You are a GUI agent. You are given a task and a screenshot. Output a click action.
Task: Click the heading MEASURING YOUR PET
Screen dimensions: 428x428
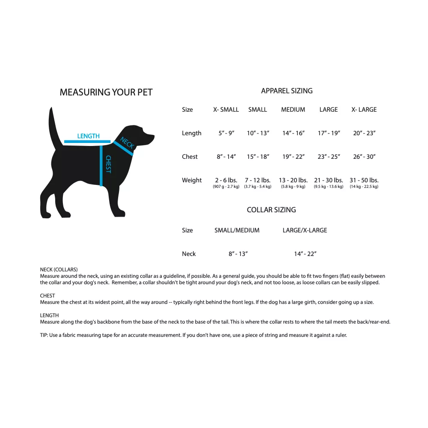pyautogui.click(x=106, y=92)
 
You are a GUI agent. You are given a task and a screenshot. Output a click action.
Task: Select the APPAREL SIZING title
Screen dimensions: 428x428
pyautogui.click(x=287, y=91)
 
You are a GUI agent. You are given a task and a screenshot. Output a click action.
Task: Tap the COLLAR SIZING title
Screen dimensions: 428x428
pyautogui.click(x=271, y=210)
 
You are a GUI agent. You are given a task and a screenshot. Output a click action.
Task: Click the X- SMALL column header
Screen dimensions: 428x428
pyautogui.click(x=226, y=110)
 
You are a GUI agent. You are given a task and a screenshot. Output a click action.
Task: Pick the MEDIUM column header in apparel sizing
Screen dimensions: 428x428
pyautogui.click(x=293, y=110)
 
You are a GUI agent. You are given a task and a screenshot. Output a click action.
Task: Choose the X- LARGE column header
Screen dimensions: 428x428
pyautogui.click(x=364, y=110)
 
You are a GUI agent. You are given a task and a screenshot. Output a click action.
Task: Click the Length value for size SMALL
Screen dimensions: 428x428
pyautogui.click(x=258, y=133)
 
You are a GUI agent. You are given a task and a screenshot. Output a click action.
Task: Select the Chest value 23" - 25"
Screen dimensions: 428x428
pyautogui.click(x=329, y=157)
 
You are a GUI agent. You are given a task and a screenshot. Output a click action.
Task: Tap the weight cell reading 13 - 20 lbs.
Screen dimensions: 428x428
pyautogui.click(x=293, y=180)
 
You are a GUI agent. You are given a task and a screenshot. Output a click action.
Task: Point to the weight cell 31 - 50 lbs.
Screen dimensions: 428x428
pyautogui.click(x=364, y=180)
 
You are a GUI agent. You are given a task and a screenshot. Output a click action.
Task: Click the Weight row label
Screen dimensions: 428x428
pyautogui.click(x=192, y=180)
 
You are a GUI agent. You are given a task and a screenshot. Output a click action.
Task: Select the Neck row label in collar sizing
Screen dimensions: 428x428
pyautogui.click(x=189, y=254)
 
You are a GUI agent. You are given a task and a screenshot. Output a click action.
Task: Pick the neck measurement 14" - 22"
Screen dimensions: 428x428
pyautogui.click(x=305, y=254)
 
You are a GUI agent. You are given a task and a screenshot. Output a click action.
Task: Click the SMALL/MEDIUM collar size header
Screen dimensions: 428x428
pyautogui.click(x=237, y=230)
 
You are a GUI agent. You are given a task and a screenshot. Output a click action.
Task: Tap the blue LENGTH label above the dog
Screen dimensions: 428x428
pyautogui.click(x=88, y=136)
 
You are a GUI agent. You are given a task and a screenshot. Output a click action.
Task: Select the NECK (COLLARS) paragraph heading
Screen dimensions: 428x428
pyautogui.click(x=59, y=270)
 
